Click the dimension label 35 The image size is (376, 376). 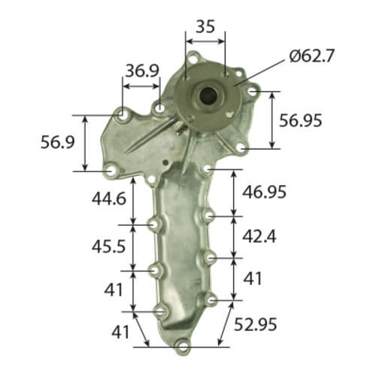pyautogui.click(x=205, y=26)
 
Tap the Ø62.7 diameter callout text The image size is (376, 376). pyautogui.click(x=312, y=56)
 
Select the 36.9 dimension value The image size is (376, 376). pyautogui.click(x=142, y=71)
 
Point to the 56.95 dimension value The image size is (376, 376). pyautogui.click(x=300, y=120)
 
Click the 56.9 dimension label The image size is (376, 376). pyautogui.click(x=58, y=142)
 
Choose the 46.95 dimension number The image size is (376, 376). pyautogui.click(x=264, y=192)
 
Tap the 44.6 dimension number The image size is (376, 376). pyautogui.click(x=109, y=199)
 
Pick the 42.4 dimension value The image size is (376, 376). pyautogui.click(x=259, y=236)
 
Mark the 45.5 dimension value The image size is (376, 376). pyautogui.click(x=108, y=247)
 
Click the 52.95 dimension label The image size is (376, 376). pyautogui.click(x=255, y=324)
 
